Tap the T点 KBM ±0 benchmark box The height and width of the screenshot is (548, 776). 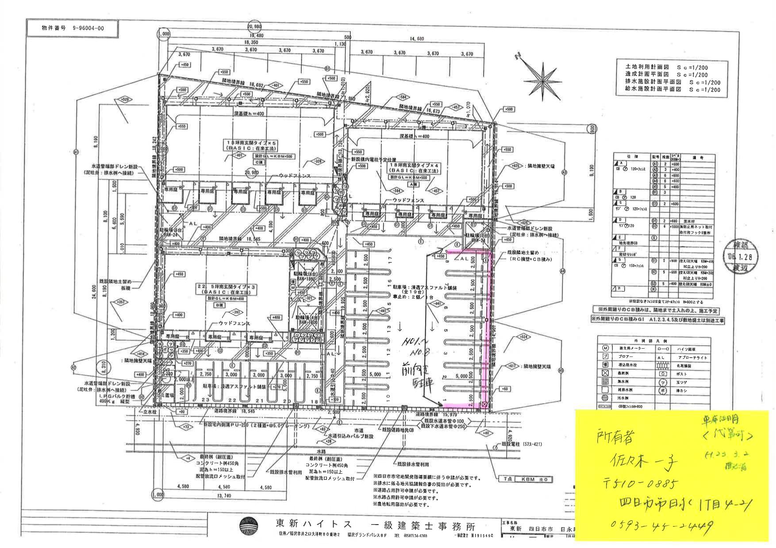(525, 479)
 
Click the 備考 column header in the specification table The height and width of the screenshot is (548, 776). (698, 157)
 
